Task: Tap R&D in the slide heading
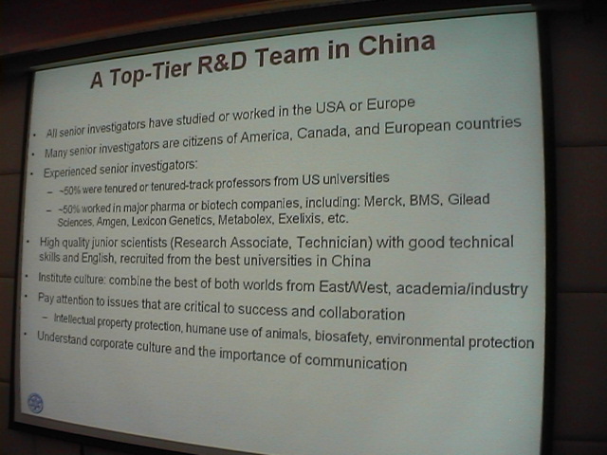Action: pyautogui.click(x=222, y=61)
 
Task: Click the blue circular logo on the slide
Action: pyautogui.click(x=35, y=403)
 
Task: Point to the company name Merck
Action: pyautogui.click(x=383, y=202)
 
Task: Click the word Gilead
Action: pyautogui.click(x=469, y=199)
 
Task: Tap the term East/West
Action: pyautogui.click(x=354, y=286)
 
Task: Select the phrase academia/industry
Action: pyautogui.click(x=462, y=288)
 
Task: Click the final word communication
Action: pyautogui.click(x=356, y=362)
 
